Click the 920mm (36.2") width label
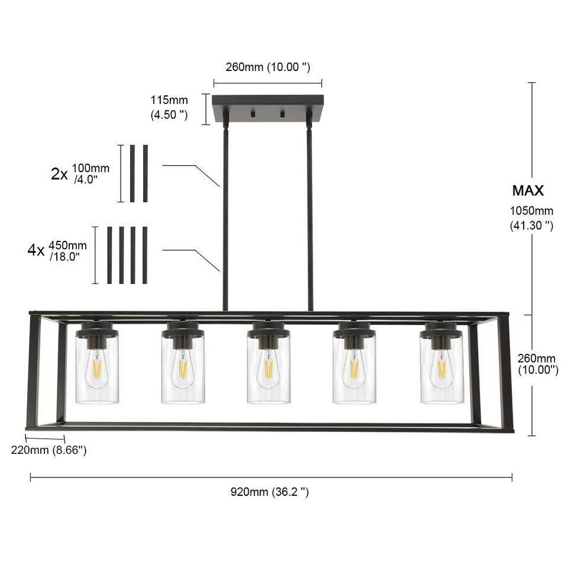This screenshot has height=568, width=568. coord(270,492)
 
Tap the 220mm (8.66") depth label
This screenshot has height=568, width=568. coord(49,450)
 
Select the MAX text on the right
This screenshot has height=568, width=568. coord(528,191)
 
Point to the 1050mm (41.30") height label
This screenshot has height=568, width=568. coord(531,218)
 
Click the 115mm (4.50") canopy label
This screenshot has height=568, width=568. coord(169,108)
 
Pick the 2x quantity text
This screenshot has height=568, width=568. coord(59,174)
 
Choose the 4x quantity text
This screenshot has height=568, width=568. coord(36,250)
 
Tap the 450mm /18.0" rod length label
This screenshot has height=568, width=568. coord(67,250)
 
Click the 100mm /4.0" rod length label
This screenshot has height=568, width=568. coord(91,173)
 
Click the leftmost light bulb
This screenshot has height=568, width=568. coord(97,370)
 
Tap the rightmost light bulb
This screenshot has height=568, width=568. coord(441,370)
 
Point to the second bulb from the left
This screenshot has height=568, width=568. coord(183,370)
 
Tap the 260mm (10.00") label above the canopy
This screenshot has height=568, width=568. coord(267,67)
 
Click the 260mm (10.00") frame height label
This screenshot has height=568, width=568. coord(537,364)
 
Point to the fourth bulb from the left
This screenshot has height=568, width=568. coord(354,370)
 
